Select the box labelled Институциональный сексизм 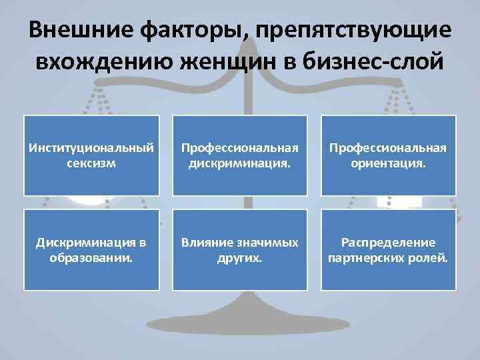(92, 155)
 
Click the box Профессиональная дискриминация (241, 155)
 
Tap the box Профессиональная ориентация (389, 155)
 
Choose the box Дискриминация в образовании (92, 250)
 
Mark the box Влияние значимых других (241, 250)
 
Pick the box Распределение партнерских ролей (389, 250)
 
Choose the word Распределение (389, 243)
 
